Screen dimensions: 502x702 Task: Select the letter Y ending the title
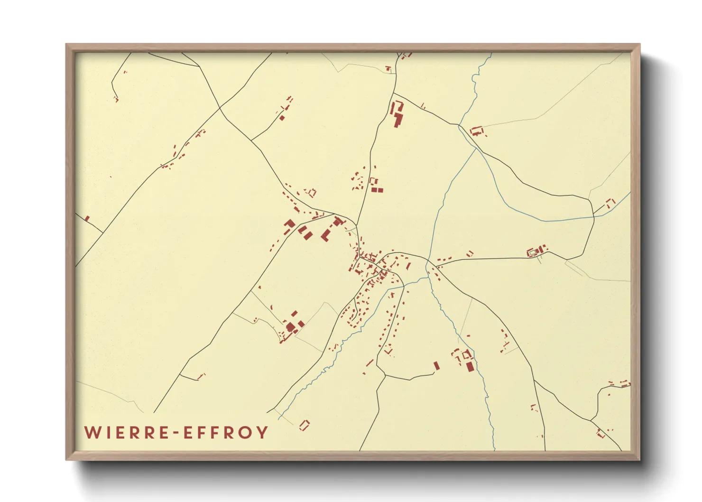pyautogui.click(x=262, y=433)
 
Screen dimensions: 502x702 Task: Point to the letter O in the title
pyautogui.click(x=246, y=433)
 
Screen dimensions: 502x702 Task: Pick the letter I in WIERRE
pyautogui.click(x=107, y=433)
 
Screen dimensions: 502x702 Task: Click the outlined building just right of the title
pyautogui.click(x=304, y=425)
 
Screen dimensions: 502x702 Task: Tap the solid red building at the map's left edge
pyautogui.click(x=87, y=218)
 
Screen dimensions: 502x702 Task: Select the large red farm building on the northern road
pyautogui.click(x=397, y=114)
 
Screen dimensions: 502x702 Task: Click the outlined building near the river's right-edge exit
pyautogui.click(x=610, y=203)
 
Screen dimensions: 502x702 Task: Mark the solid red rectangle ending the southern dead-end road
pyautogui.click(x=436, y=366)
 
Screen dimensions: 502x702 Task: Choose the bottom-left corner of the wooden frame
pyautogui.click(x=67, y=459)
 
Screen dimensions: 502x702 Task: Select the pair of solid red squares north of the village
pyautogui.click(x=377, y=190)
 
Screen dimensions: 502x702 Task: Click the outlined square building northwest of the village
pyautogui.click(x=312, y=193)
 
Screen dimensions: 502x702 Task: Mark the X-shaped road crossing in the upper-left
pyautogui.click(x=220, y=109)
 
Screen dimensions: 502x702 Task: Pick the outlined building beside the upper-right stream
pyautogui.click(x=477, y=130)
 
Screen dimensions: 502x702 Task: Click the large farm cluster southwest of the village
pyautogui.click(x=291, y=326)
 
